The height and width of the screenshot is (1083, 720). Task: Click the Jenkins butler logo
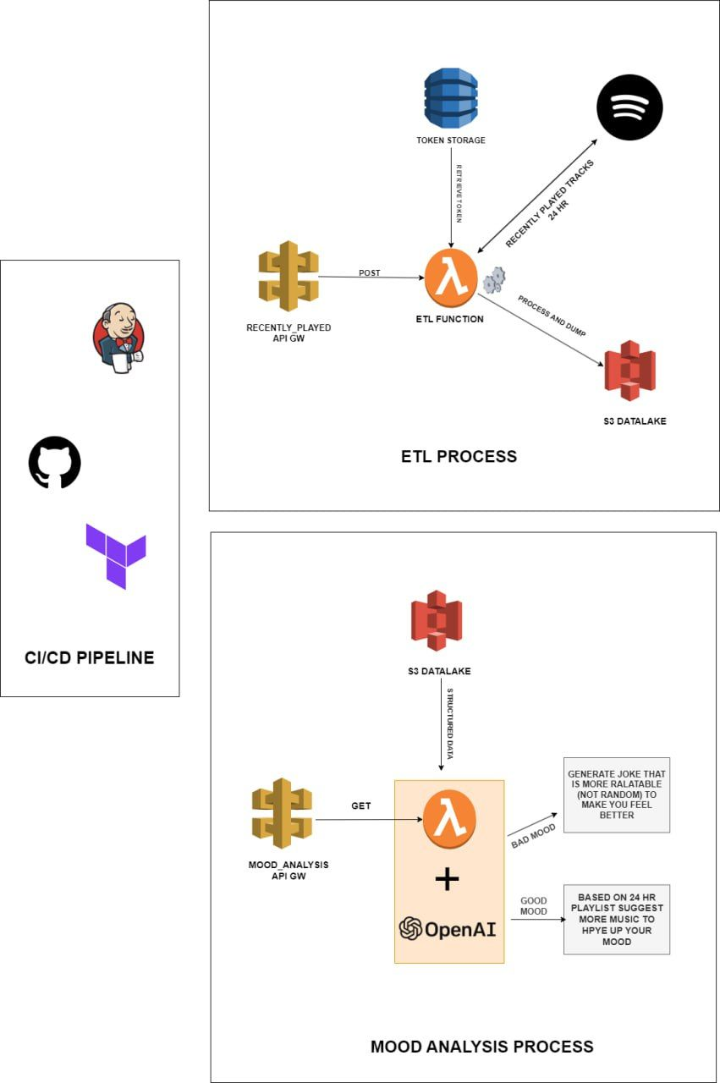point(118,337)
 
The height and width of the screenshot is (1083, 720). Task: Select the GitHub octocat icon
point(55,463)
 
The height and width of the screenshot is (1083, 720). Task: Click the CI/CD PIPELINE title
point(89,657)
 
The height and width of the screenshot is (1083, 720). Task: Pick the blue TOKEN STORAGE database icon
point(451,99)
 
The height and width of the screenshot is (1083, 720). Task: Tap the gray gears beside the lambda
point(494,280)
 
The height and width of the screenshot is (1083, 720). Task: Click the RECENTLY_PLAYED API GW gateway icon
point(289,277)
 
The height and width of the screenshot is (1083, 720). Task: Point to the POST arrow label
point(369,272)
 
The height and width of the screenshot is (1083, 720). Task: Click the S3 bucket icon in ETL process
point(630,371)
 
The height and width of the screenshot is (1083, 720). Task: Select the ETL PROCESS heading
point(459,457)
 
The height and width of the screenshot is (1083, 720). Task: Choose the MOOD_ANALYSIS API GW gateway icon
point(282,813)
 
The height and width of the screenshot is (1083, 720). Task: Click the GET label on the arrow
point(361,806)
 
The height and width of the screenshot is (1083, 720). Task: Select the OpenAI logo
point(448,929)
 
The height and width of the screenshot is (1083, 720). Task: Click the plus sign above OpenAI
point(447,880)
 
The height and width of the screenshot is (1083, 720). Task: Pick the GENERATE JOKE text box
point(617,795)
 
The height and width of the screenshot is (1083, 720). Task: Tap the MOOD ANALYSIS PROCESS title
point(481,1047)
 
